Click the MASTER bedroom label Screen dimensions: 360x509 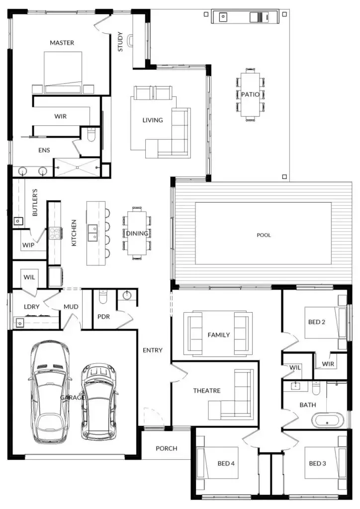pos(62,43)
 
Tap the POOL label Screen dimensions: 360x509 pos(264,235)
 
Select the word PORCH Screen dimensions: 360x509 pos(166,448)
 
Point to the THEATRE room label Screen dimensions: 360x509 pos(207,391)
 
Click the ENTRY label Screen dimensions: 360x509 pos(153,350)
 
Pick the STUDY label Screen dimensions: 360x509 pos(120,42)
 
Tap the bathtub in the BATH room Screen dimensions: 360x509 pos(328,421)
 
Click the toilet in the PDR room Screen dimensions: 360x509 pos(102,297)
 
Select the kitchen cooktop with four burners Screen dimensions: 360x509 pos(54,233)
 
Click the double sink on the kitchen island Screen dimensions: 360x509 pos(93,233)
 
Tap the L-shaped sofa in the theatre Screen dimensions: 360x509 pos(231,394)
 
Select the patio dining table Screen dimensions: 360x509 pos(250,94)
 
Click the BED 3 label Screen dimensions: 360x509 pos(317,463)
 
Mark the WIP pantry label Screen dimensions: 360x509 pos(28,245)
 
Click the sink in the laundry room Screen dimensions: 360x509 pos(20,323)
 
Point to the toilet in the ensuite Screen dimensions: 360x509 pos(91,134)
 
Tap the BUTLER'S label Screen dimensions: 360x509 pos(35,202)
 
